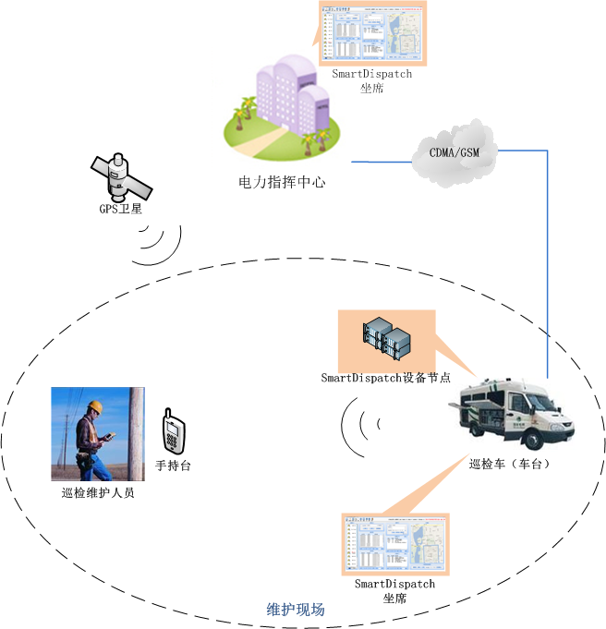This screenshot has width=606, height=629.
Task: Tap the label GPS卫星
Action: point(119,209)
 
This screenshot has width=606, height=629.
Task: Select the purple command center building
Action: point(285,96)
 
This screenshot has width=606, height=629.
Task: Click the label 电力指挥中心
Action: point(282,182)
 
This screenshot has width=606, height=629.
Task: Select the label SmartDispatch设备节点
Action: point(385,378)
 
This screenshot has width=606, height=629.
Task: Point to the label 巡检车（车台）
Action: point(510,464)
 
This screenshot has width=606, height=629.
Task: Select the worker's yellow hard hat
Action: point(93,406)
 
